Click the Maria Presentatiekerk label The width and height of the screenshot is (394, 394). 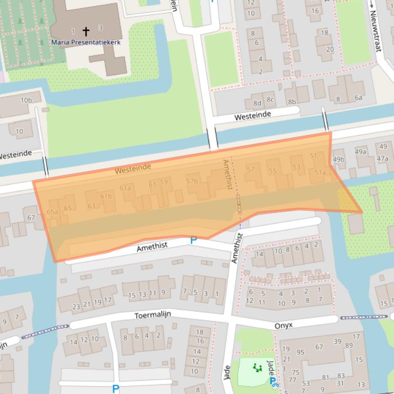[x=86, y=42]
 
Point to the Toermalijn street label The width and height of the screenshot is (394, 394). [x=153, y=315]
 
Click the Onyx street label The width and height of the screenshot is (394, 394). [x=283, y=325]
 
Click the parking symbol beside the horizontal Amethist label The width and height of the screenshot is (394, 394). [x=194, y=240]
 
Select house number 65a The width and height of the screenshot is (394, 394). [x=52, y=211]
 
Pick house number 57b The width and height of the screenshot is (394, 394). [x=192, y=181]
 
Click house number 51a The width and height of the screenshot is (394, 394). [x=320, y=172]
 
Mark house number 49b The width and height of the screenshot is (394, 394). [x=339, y=159]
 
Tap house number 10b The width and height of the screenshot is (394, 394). [x=26, y=100]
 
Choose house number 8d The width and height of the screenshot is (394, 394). [x=256, y=103]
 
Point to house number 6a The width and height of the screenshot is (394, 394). [x=358, y=98]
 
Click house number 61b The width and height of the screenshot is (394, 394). [x=106, y=196]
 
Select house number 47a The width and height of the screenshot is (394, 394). [x=382, y=159]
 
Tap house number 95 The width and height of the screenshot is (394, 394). [x=300, y=352]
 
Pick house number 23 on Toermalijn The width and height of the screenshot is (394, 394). [x=76, y=307]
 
